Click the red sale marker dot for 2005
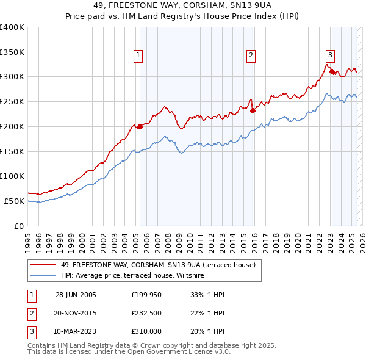click(x=140, y=126)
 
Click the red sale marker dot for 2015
click(x=253, y=110)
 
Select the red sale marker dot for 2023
click(x=332, y=72)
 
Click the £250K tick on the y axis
click(x=12, y=102)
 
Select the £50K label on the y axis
click(x=14, y=201)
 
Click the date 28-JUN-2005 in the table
click(x=76, y=295)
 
